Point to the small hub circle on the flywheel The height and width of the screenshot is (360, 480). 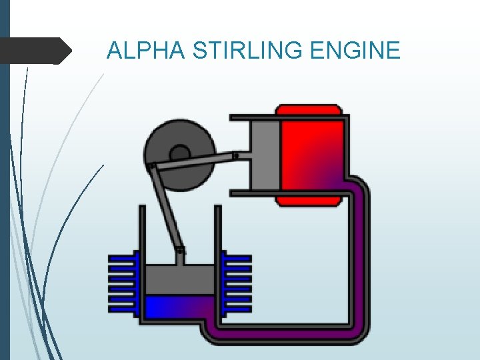pyautogui.click(x=180, y=153)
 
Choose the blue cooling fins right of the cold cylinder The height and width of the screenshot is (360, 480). pyautogui.click(x=237, y=283)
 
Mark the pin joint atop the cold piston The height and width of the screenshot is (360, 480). pyautogui.click(x=180, y=251)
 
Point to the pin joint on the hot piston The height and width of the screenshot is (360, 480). pyautogui.click(x=235, y=156)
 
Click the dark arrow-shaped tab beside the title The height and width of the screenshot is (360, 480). pyautogui.click(x=37, y=51)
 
